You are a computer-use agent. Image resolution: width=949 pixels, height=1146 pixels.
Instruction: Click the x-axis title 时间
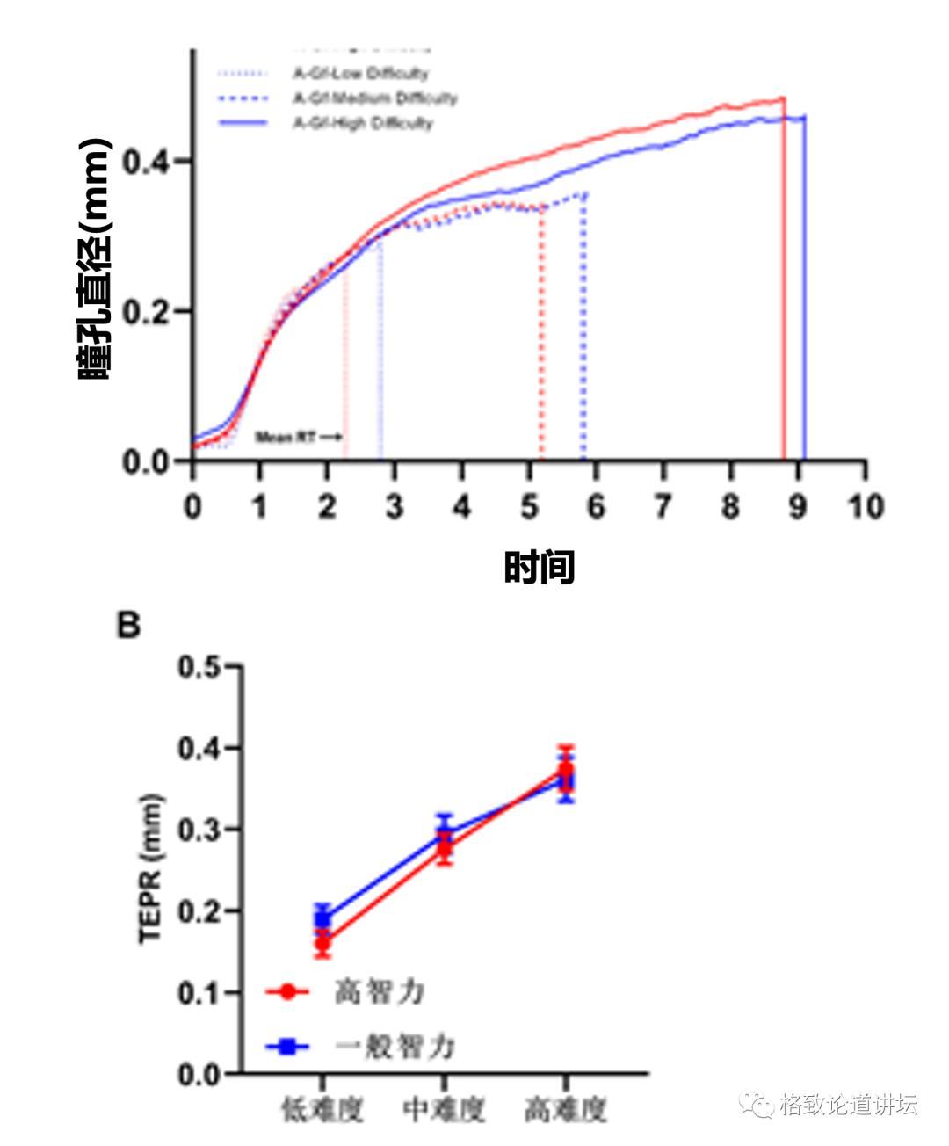539,568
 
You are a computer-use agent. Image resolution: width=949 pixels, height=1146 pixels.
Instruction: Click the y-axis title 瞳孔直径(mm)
95,258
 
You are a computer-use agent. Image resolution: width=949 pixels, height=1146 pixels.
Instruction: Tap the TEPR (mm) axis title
151,869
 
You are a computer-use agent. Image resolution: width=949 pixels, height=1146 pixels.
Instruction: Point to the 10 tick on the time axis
866,507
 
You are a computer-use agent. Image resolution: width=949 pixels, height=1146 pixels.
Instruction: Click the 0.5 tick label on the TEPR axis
199,667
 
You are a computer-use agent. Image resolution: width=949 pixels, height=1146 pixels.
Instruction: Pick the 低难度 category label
322,1110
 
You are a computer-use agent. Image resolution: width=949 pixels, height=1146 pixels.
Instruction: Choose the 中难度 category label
444,1110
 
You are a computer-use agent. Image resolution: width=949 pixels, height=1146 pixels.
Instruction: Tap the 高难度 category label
566,1110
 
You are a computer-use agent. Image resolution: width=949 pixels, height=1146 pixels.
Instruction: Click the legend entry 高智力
380,992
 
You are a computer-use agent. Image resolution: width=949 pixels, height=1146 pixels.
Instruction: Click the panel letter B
129,626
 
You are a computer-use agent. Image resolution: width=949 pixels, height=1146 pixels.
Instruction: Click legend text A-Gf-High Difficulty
363,123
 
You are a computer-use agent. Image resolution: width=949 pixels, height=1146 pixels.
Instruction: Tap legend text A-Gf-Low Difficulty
360,74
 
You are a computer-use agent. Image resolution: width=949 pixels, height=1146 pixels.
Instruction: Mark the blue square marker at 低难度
323,919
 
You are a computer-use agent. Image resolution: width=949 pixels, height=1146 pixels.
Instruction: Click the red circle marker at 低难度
323,945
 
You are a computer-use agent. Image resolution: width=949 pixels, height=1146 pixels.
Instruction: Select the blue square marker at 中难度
445,833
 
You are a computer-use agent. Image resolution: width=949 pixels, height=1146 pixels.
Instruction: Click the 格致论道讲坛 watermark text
848,1105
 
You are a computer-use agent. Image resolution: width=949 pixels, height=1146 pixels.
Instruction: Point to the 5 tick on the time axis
529,507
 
